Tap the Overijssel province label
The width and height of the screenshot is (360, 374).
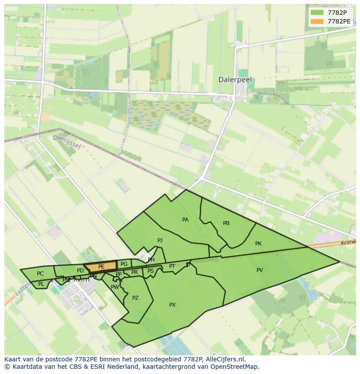67,142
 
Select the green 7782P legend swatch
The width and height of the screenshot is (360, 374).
317,13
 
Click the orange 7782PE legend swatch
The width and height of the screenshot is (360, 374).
317,21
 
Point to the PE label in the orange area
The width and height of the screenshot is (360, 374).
101,267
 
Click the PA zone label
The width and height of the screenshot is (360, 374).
185,220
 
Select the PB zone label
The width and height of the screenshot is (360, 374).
226,223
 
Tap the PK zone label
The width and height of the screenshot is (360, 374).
258,244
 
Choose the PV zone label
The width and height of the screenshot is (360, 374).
260,270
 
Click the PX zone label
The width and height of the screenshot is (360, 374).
172,305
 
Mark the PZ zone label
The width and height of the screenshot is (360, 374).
135,298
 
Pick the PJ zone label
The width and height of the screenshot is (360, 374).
160,240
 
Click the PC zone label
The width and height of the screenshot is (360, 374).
40,274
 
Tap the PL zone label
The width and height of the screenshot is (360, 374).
41,285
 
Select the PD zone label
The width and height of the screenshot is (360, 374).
80,271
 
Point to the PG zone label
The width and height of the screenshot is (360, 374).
124,264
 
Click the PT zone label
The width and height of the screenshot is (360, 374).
172,266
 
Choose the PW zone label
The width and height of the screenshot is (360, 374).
115,287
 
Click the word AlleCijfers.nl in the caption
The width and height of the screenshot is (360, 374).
224,359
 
